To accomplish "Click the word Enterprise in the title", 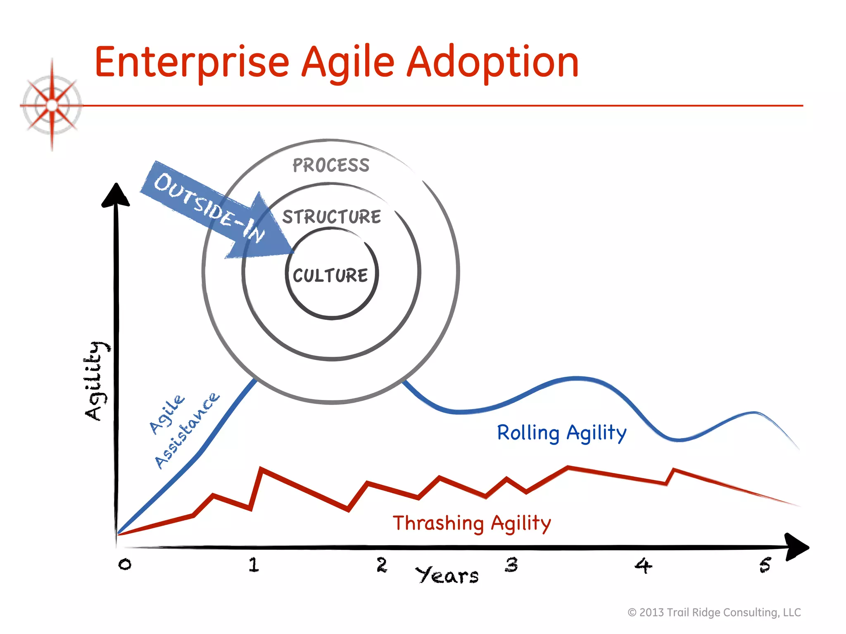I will coord(192,63).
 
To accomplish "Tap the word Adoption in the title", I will coord(492,63).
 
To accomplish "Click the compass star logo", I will coord(52,105).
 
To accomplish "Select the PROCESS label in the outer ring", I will coord(331,166).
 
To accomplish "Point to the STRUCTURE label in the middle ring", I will coord(331,217).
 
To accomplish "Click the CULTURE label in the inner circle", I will coord(330,276).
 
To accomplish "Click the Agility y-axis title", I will coord(96,381).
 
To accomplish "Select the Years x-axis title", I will coord(447,575).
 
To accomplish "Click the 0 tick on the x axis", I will coord(125,564).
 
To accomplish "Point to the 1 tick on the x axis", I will coord(254,565).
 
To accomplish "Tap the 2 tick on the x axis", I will coord(382,565).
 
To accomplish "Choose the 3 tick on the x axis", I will coord(511,565).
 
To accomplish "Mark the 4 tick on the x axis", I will coord(643,565).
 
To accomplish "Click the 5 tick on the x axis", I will coord(765,565).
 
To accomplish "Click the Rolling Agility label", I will coord(562,433).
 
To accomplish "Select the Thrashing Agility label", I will coord(472,523).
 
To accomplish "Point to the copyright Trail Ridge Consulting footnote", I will coord(714,613).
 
